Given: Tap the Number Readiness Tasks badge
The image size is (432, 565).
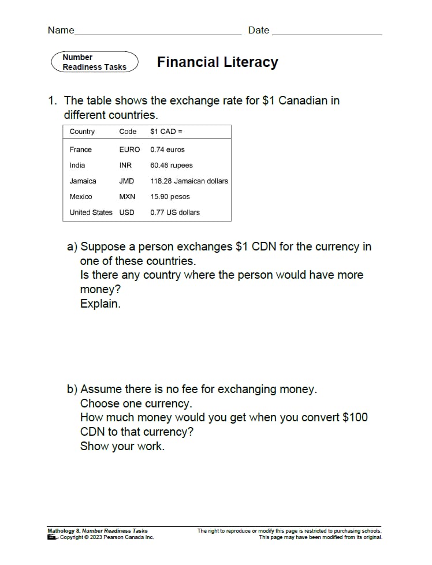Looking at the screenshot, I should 95,62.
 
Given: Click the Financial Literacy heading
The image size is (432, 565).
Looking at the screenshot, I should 217,62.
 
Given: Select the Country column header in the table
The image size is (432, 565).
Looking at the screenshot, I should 82,132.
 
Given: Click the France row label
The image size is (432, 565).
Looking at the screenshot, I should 80,149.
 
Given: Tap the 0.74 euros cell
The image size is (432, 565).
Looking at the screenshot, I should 167,149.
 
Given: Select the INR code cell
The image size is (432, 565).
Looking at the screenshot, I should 125,165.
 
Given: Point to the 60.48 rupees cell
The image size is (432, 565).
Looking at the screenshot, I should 172,165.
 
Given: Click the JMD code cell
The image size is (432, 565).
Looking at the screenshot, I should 126,181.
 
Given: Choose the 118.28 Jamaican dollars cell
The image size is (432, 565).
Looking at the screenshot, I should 189,181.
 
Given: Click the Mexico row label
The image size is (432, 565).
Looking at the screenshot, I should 80,197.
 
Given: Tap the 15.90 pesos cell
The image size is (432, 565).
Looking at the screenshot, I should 170,197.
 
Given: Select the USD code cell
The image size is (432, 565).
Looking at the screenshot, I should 126,212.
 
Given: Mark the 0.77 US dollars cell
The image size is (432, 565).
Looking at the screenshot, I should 175,212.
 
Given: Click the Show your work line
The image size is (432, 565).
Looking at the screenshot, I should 122,446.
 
